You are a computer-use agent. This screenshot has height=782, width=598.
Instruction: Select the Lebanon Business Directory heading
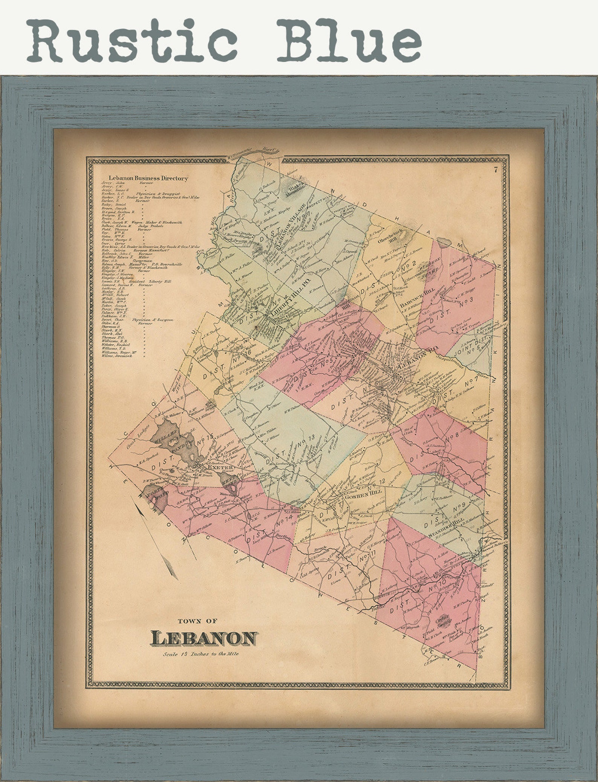[x=148, y=178]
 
